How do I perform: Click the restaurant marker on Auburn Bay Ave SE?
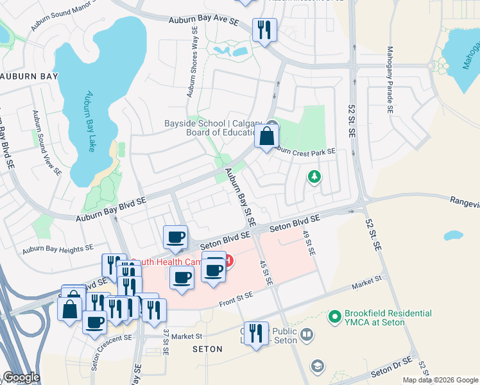[x=264, y=30]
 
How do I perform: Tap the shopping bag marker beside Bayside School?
[x=266, y=136]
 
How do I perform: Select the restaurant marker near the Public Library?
[x=256, y=332]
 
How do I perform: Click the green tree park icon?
[x=314, y=176]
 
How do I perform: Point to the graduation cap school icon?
[x=316, y=366]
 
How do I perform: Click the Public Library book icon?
[x=307, y=334]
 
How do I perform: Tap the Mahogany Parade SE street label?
[x=390, y=80]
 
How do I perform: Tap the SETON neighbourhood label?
[x=207, y=349]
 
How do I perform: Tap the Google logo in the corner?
[x=21, y=377]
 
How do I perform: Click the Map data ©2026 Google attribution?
[x=440, y=380]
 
